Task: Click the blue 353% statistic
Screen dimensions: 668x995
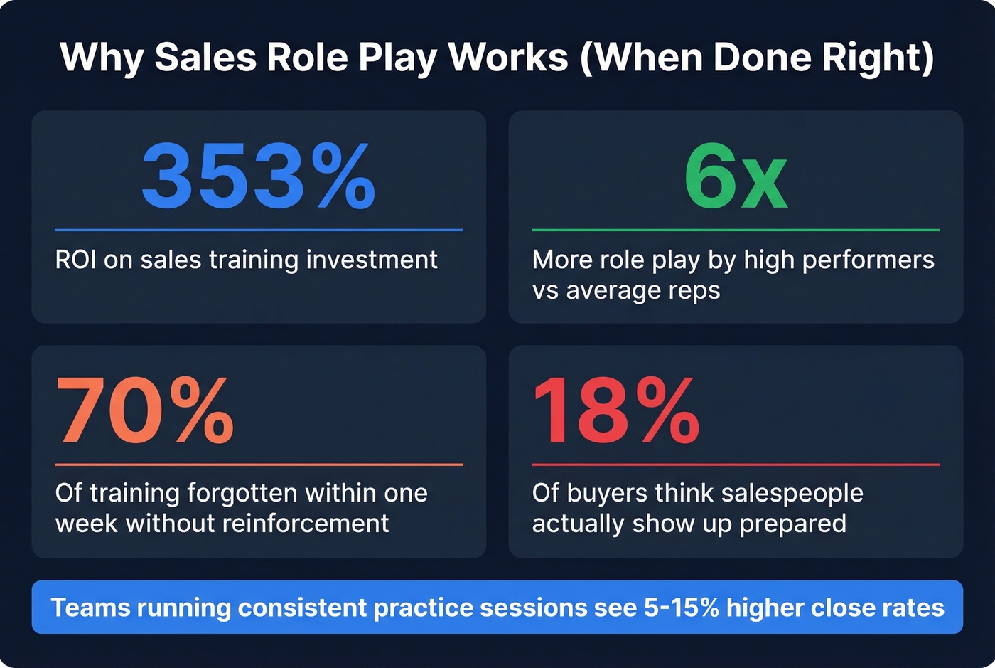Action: [x=258, y=176]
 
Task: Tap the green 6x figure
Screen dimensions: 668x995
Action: [x=736, y=176]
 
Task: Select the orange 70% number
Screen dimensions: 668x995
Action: [x=145, y=410]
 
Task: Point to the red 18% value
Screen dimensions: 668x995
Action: [x=615, y=410]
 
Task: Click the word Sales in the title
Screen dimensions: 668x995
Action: [x=205, y=57]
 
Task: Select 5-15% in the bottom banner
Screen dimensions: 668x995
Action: [x=682, y=608]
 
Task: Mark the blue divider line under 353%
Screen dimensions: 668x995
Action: [x=259, y=230]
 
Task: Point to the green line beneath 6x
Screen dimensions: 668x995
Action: [x=736, y=230]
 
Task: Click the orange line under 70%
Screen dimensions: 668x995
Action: [x=259, y=465]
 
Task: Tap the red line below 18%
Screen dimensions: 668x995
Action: [x=736, y=465]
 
